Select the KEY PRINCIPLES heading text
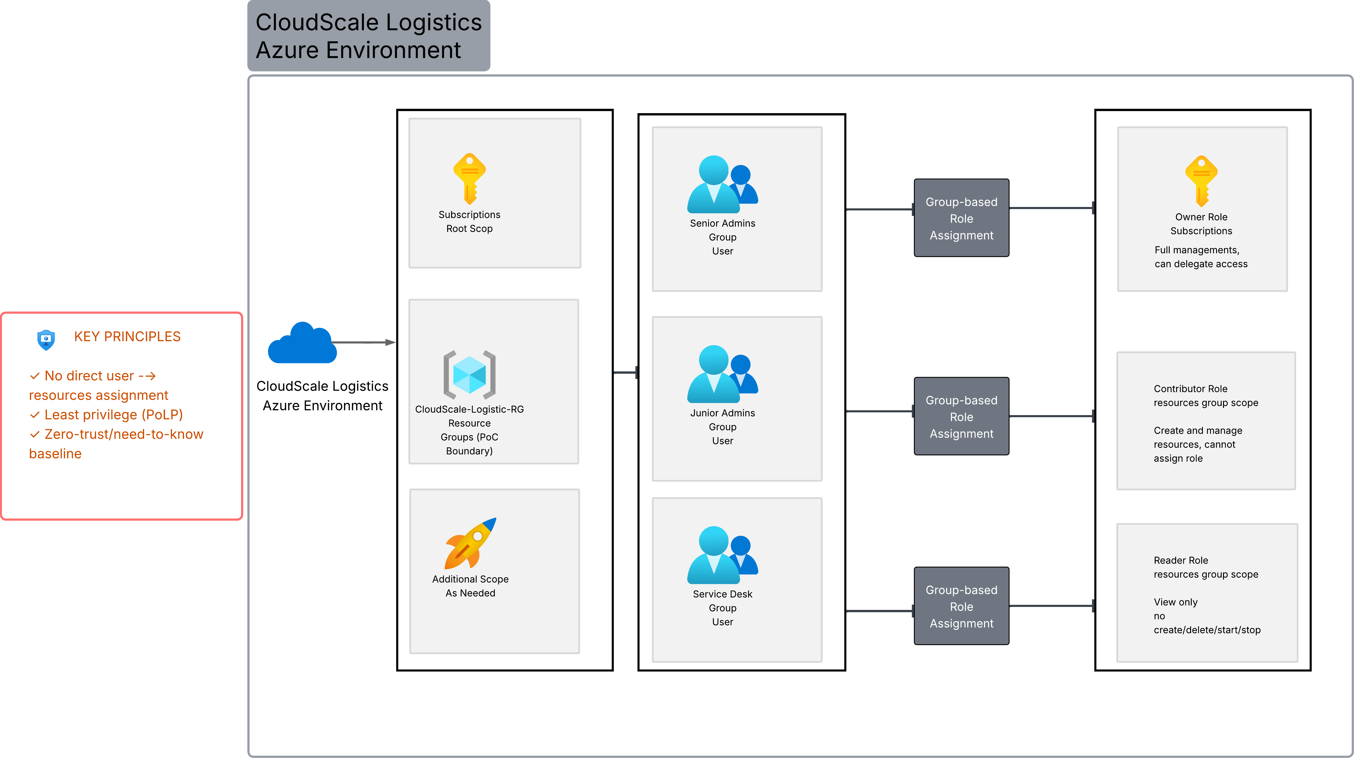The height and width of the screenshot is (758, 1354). pos(127,337)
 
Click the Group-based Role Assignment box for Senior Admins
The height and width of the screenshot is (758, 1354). pos(961,218)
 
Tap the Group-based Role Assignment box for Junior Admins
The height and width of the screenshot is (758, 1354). pos(961,417)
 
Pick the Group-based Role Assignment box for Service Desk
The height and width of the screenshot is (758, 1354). pos(961,606)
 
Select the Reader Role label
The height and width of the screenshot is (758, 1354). pos(1180,560)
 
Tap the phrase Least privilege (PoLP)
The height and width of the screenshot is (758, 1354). pos(114,414)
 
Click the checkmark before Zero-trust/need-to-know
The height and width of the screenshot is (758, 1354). pos(35,434)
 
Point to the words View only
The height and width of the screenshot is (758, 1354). pos(1175,602)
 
